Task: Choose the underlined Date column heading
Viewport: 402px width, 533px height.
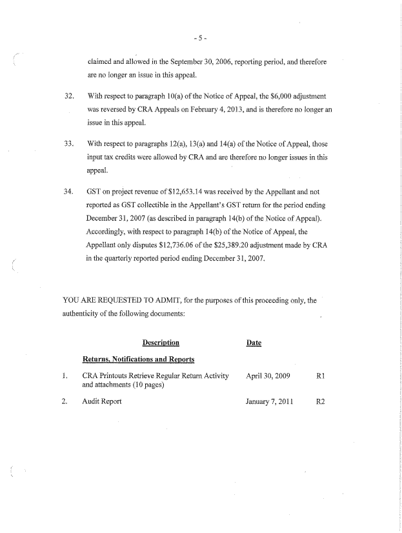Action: click(x=254, y=342)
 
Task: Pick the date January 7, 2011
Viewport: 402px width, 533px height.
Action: click(x=269, y=401)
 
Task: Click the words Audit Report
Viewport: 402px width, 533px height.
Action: click(x=102, y=401)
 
